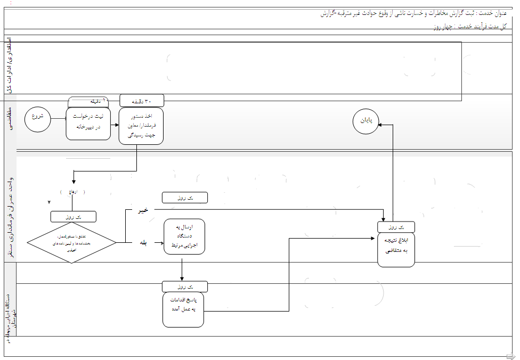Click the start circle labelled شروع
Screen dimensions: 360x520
[x=37, y=117]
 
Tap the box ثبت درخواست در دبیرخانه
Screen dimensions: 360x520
[x=88, y=124]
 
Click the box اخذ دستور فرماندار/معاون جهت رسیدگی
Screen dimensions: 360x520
[x=141, y=126]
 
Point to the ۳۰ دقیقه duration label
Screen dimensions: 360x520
[x=142, y=100]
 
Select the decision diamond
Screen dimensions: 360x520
[x=72, y=242]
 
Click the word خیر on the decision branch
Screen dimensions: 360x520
[x=143, y=211]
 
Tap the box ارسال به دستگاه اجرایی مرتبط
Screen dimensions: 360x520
[x=184, y=236]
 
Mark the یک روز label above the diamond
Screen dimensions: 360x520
[x=74, y=217]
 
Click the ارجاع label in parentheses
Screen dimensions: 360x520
[x=72, y=192]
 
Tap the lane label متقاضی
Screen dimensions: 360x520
[x=11, y=120]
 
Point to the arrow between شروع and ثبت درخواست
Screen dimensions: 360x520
[x=58, y=117]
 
